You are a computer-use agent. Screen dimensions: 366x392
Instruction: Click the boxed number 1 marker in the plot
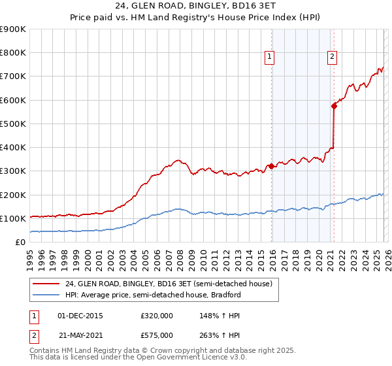[x=269, y=58]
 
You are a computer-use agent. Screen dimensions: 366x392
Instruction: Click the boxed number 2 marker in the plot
[x=332, y=58]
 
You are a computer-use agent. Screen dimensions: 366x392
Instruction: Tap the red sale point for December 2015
[x=271, y=166]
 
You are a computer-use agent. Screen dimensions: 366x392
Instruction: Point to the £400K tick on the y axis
[x=13, y=148]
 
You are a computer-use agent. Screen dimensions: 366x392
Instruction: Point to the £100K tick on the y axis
[x=13, y=218]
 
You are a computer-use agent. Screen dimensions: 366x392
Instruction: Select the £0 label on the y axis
[x=20, y=242]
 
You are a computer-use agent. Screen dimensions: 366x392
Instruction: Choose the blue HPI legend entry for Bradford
[x=153, y=295]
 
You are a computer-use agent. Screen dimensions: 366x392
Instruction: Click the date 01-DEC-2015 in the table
[x=80, y=316]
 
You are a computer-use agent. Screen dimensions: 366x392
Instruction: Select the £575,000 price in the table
[x=156, y=334]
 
